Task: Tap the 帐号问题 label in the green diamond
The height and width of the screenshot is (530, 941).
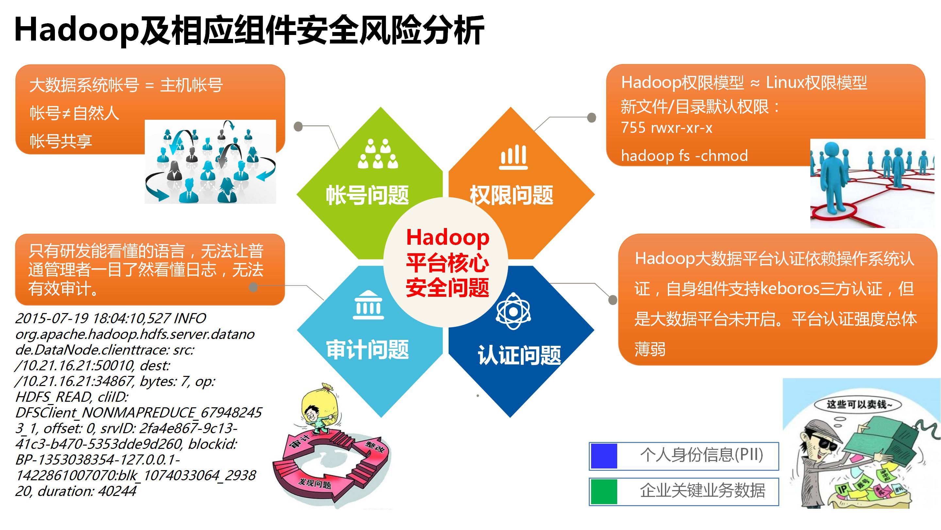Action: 367,195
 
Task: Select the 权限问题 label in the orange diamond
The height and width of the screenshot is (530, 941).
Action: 511,195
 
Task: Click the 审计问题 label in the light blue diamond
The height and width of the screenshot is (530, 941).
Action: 367,349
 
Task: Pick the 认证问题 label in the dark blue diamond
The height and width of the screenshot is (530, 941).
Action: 519,355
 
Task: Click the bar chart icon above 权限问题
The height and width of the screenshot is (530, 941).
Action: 514,157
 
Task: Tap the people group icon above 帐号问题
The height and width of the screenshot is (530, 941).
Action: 378,154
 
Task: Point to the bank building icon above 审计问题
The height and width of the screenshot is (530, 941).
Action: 368,306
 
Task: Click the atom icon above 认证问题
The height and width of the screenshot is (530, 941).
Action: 513,311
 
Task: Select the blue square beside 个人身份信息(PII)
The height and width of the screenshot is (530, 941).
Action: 604,456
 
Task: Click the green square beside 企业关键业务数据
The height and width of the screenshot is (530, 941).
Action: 604,491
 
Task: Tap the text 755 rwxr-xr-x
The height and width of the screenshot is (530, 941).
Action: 667,128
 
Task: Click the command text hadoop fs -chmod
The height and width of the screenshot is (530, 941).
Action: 684,156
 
